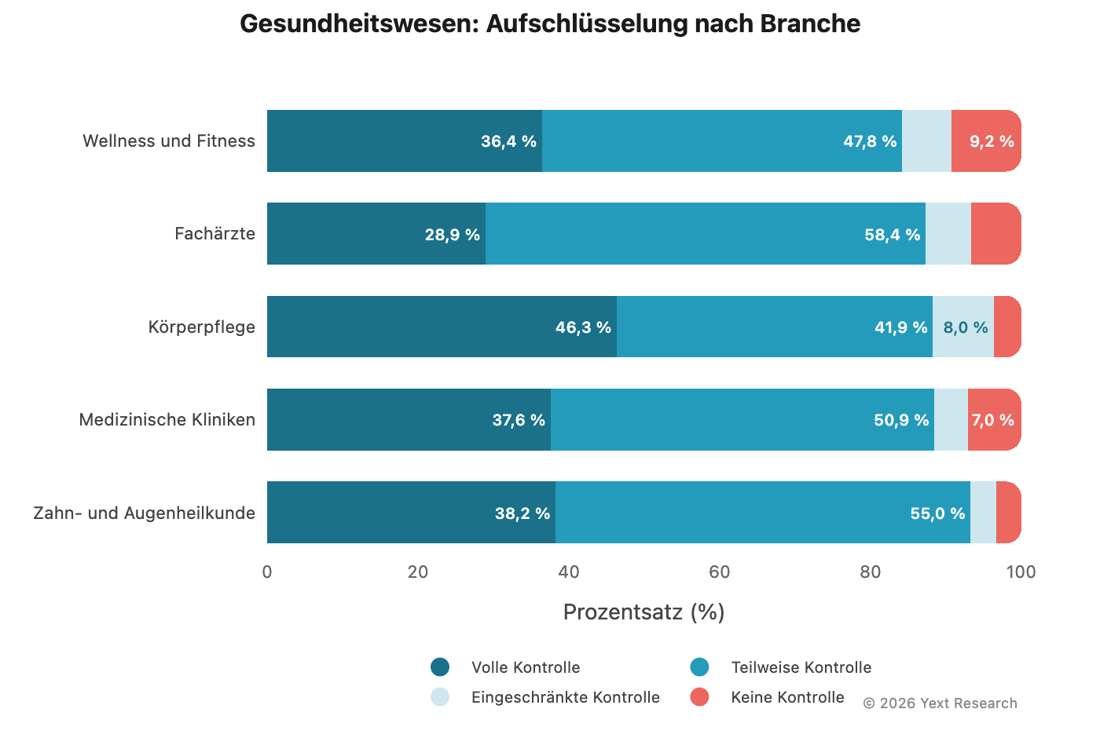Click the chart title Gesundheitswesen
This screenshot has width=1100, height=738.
pyautogui.click(x=549, y=24)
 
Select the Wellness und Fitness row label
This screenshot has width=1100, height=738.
pyautogui.click(x=169, y=141)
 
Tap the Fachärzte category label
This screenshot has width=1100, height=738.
pyautogui.click(x=214, y=234)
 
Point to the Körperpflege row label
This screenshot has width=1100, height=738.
pyautogui.click(x=202, y=327)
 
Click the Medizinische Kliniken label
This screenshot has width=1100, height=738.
pyautogui.click(x=167, y=420)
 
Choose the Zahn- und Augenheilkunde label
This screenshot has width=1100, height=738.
pyautogui.click(x=145, y=513)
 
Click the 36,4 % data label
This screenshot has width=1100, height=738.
pyautogui.click(x=508, y=141)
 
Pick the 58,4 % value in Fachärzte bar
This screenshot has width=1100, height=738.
pyautogui.click(x=892, y=235)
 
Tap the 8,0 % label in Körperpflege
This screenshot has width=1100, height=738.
pyautogui.click(x=965, y=327)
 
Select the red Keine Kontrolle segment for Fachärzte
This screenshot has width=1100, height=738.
pyautogui.click(x=995, y=234)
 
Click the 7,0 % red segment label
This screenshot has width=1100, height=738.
pyautogui.click(x=992, y=420)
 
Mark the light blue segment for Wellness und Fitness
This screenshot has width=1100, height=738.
pyautogui.click(x=926, y=141)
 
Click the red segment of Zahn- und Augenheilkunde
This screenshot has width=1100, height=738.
pyautogui.click(x=1008, y=513)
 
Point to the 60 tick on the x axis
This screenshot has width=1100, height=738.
pyautogui.click(x=719, y=572)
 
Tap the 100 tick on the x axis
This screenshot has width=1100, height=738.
pyautogui.click(x=1021, y=572)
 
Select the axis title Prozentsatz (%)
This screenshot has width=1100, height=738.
pyautogui.click(x=643, y=612)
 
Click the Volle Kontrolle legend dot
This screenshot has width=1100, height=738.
pyautogui.click(x=440, y=667)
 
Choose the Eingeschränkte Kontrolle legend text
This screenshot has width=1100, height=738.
pyautogui.click(x=565, y=697)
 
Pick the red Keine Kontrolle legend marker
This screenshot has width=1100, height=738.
pyautogui.click(x=699, y=697)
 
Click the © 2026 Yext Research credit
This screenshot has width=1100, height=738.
pyautogui.click(x=940, y=703)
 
